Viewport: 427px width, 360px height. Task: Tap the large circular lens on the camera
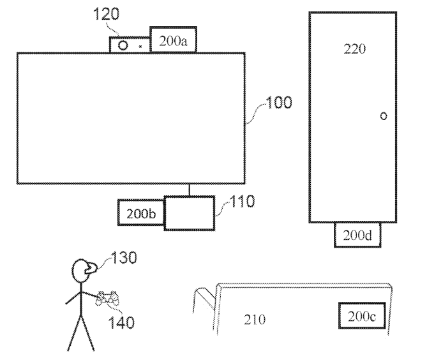point(123,46)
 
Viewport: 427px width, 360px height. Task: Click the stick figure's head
point(82,273)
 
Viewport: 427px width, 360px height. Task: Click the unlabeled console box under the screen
point(189,213)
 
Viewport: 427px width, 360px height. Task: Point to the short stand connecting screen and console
point(189,189)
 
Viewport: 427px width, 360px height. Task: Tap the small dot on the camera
point(140,47)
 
